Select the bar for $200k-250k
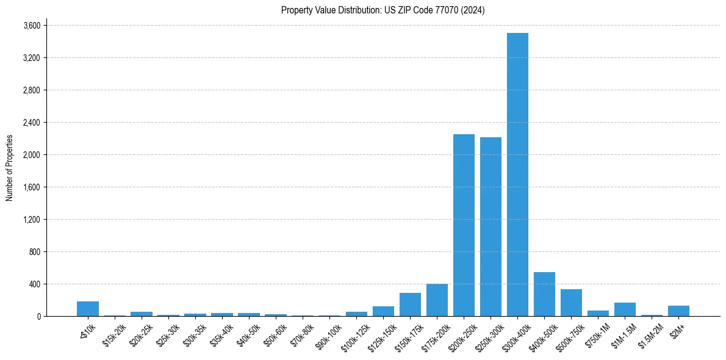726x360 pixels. [464, 225]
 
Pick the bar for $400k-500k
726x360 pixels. [544, 294]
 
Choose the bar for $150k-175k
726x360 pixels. [410, 304]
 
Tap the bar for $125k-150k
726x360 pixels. [383, 311]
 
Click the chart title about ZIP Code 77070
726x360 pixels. [383, 10]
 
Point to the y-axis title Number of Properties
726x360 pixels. [10, 168]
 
